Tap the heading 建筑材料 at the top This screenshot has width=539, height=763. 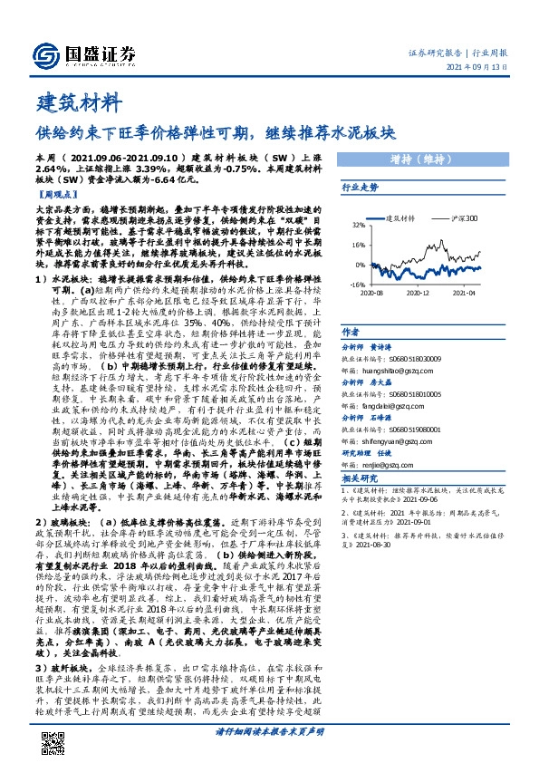(x=77, y=101)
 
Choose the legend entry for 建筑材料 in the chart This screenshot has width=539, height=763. (x=399, y=218)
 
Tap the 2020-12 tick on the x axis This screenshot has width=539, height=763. (x=417, y=294)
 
